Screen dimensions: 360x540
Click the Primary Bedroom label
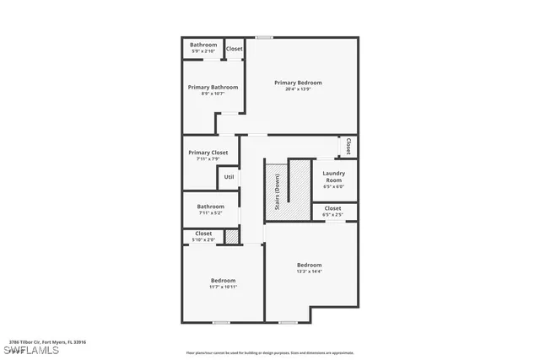pyautogui.click(x=298, y=83)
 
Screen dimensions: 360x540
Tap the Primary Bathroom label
pyautogui.click(x=213, y=87)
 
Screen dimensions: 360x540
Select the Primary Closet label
pyautogui.click(x=208, y=153)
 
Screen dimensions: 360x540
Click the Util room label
pyautogui.click(x=229, y=177)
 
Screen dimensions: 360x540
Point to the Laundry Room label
pyautogui.click(x=333, y=176)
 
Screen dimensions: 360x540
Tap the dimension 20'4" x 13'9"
pyautogui.click(x=298, y=89)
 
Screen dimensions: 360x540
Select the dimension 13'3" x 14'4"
pyautogui.click(x=309, y=271)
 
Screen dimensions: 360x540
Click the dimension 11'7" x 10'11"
pyautogui.click(x=223, y=287)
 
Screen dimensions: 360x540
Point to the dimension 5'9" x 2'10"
pyautogui.click(x=203, y=51)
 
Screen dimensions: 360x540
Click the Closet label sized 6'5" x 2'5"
pyautogui.click(x=332, y=207)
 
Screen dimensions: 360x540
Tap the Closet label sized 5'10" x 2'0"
pyautogui.click(x=203, y=234)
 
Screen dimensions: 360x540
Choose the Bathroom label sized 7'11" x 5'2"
pyautogui.click(x=211, y=207)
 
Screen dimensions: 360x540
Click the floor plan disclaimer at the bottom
pyautogui.click(x=270, y=352)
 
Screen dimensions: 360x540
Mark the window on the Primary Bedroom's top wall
pyautogui.click(x=265, y=37)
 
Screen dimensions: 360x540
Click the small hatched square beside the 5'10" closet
pyautogui.click(x=232, y=237)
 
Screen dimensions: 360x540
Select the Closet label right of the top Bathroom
pyautogui.click(x=234, y=49)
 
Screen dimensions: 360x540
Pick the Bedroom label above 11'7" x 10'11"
pyautogui.click(x=223, y=280)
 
